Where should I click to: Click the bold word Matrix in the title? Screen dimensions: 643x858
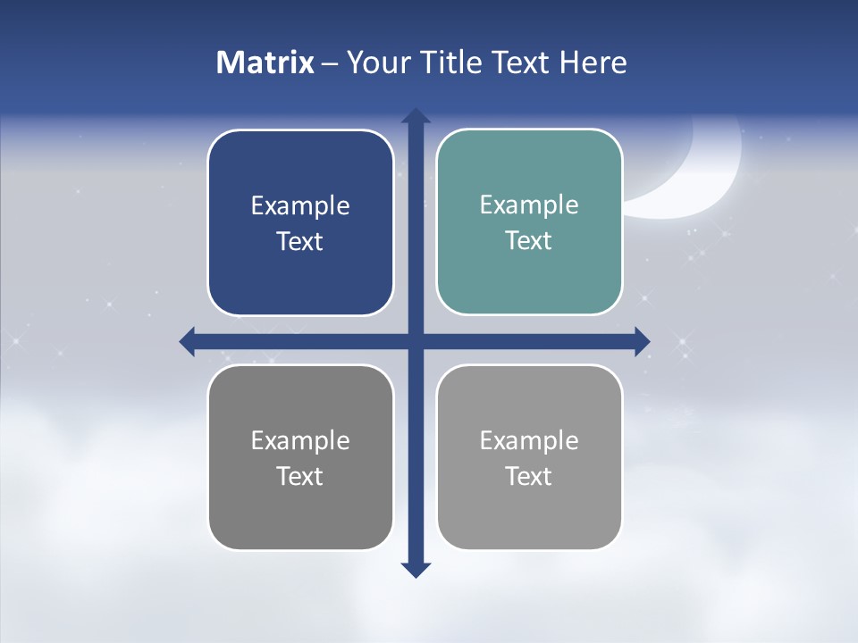tap(265, 63)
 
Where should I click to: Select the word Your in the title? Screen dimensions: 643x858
tap(375, 63)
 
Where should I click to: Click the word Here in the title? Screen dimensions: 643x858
tap(593, 63)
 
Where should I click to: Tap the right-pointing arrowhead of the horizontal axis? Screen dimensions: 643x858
tap(642, 341)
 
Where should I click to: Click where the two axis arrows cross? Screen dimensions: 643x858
tap(416, 341)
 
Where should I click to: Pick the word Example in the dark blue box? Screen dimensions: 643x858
tap(300, 206)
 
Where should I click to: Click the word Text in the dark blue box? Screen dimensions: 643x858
tap(300, 241)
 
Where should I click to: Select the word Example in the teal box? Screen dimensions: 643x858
tap(529, 205)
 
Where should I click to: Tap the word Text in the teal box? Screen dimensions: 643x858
tap(529, 240)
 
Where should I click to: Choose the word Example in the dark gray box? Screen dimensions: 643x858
tap(300, 441)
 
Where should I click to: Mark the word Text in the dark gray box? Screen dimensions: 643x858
tap(300, 476)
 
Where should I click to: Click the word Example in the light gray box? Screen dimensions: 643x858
tap(529, 441)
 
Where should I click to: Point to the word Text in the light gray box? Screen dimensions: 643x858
tap(529, 476)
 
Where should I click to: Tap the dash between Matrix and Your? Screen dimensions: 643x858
tap(330, 63)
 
